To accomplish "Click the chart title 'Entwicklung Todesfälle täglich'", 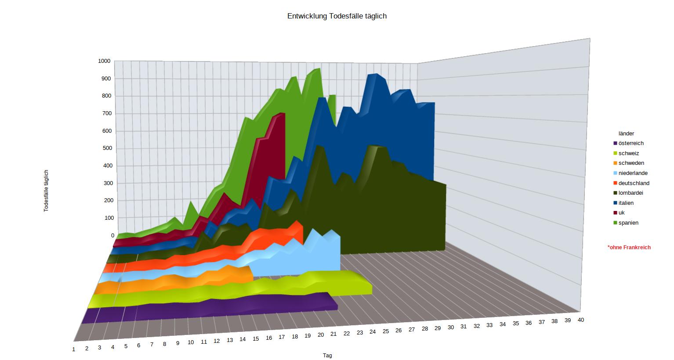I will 337,16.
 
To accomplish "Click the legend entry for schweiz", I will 628,153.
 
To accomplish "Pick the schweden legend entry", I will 631,163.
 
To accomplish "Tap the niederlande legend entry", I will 633,173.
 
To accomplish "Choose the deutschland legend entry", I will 634,183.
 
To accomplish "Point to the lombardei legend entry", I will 631,193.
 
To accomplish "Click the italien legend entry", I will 626,203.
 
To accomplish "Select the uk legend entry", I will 621,213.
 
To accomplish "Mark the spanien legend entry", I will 628,223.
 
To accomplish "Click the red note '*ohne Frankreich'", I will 629,247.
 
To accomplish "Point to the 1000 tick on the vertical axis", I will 104,61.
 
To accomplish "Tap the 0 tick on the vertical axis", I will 112,236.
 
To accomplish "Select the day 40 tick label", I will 580,320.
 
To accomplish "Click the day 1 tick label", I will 74,349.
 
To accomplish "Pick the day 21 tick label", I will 333,334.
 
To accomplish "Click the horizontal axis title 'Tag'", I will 327,356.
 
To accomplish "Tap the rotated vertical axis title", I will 46,191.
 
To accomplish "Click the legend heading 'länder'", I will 626,134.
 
